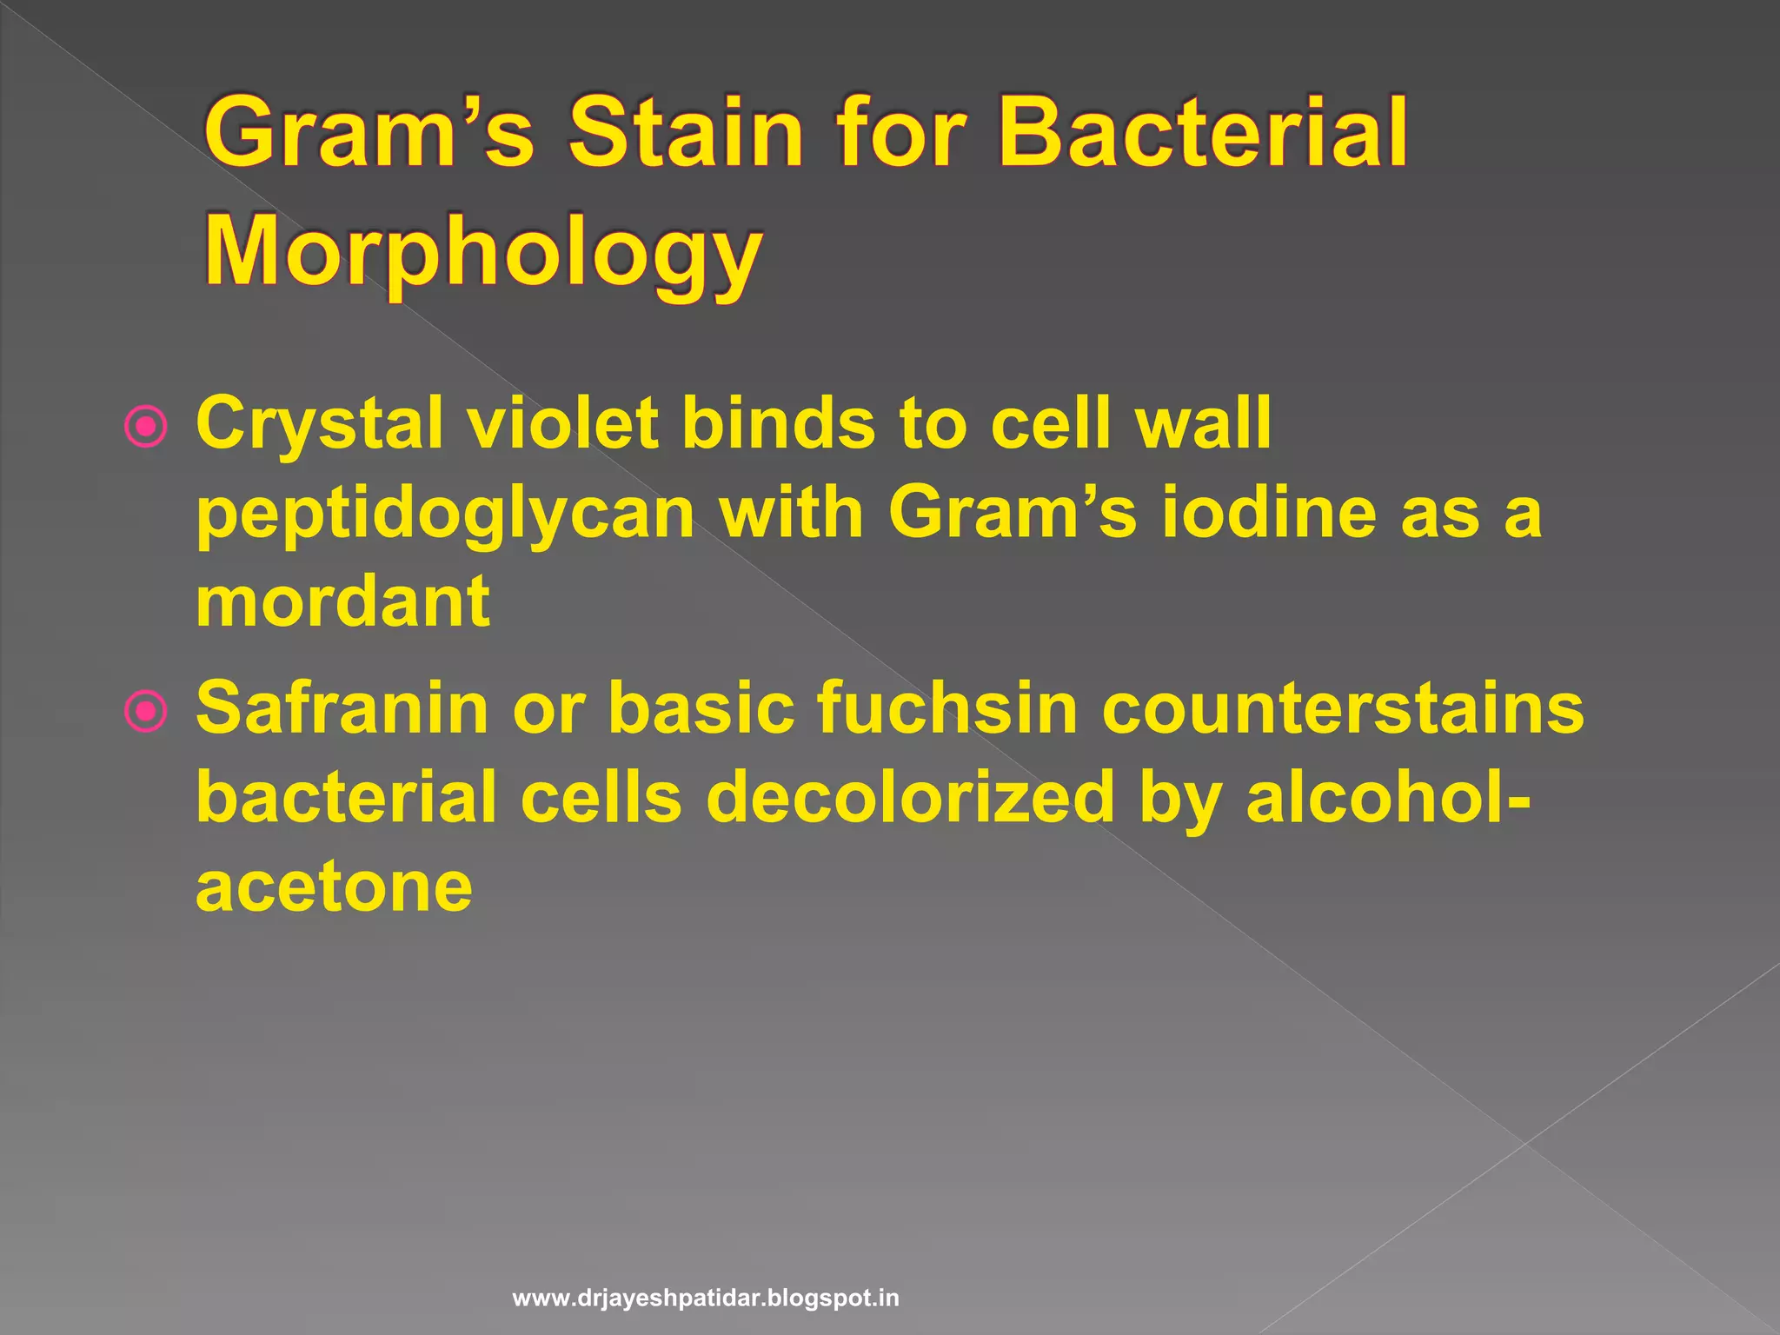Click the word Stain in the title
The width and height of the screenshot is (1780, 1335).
[685, 132]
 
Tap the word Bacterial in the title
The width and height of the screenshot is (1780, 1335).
[1203, 132]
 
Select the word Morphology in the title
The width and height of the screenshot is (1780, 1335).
[483, 252]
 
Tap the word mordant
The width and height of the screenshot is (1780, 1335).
[342, 601]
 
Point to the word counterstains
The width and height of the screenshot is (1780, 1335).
[1343, 709]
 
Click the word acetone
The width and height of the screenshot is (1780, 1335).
[334, 888]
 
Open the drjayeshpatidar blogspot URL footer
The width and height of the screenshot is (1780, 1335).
[706, 1299]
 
